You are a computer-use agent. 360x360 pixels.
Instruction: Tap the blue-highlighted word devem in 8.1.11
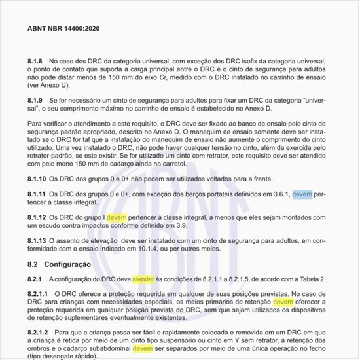click(302, 194)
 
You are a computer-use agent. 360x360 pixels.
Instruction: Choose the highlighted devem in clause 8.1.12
click(116, 217)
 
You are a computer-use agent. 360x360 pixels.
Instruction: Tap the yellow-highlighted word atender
click(143, 280)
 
